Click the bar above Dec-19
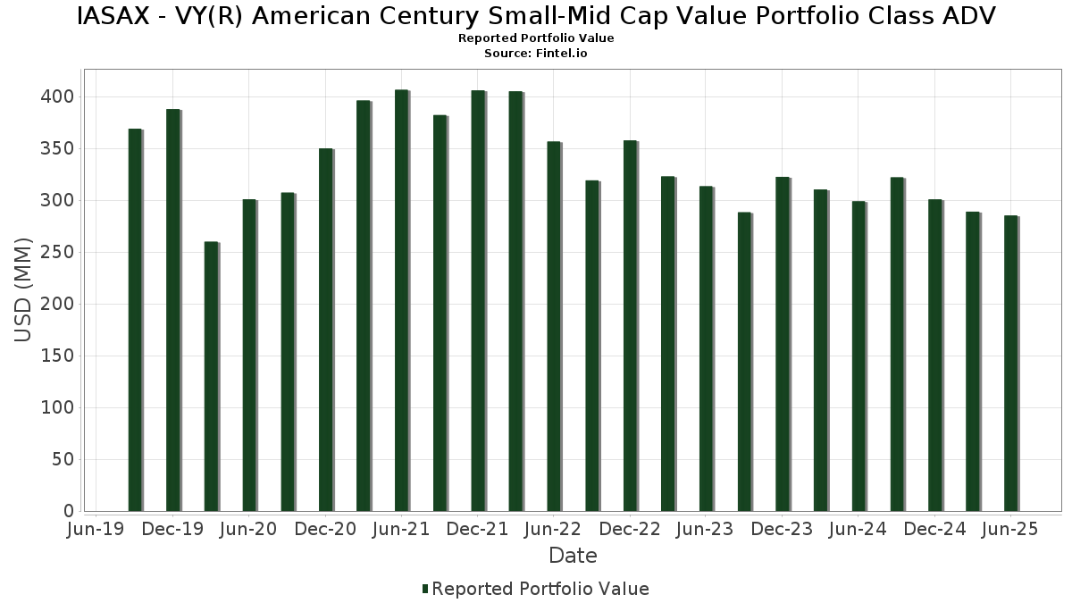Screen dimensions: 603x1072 click(173, 311)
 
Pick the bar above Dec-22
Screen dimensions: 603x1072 click(631, 326)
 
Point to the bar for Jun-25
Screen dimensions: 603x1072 click(1011, 364)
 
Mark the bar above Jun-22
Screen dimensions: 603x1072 click(554, 326)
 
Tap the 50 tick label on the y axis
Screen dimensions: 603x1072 click(62, 459)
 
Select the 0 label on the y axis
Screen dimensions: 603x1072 click(69, 511)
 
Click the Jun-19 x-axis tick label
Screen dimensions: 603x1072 click(96, 530)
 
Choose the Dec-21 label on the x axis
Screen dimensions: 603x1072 click(478, 530)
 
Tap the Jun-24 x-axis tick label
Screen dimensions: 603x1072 click(858, 530)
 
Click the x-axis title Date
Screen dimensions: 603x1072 click(573, 556)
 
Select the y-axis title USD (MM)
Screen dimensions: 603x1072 click(24, 289)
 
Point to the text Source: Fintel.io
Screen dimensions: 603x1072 click(536, 54)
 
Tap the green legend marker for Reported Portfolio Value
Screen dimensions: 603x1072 click(425, 589)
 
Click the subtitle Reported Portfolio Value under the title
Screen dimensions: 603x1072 click(536, 38)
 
